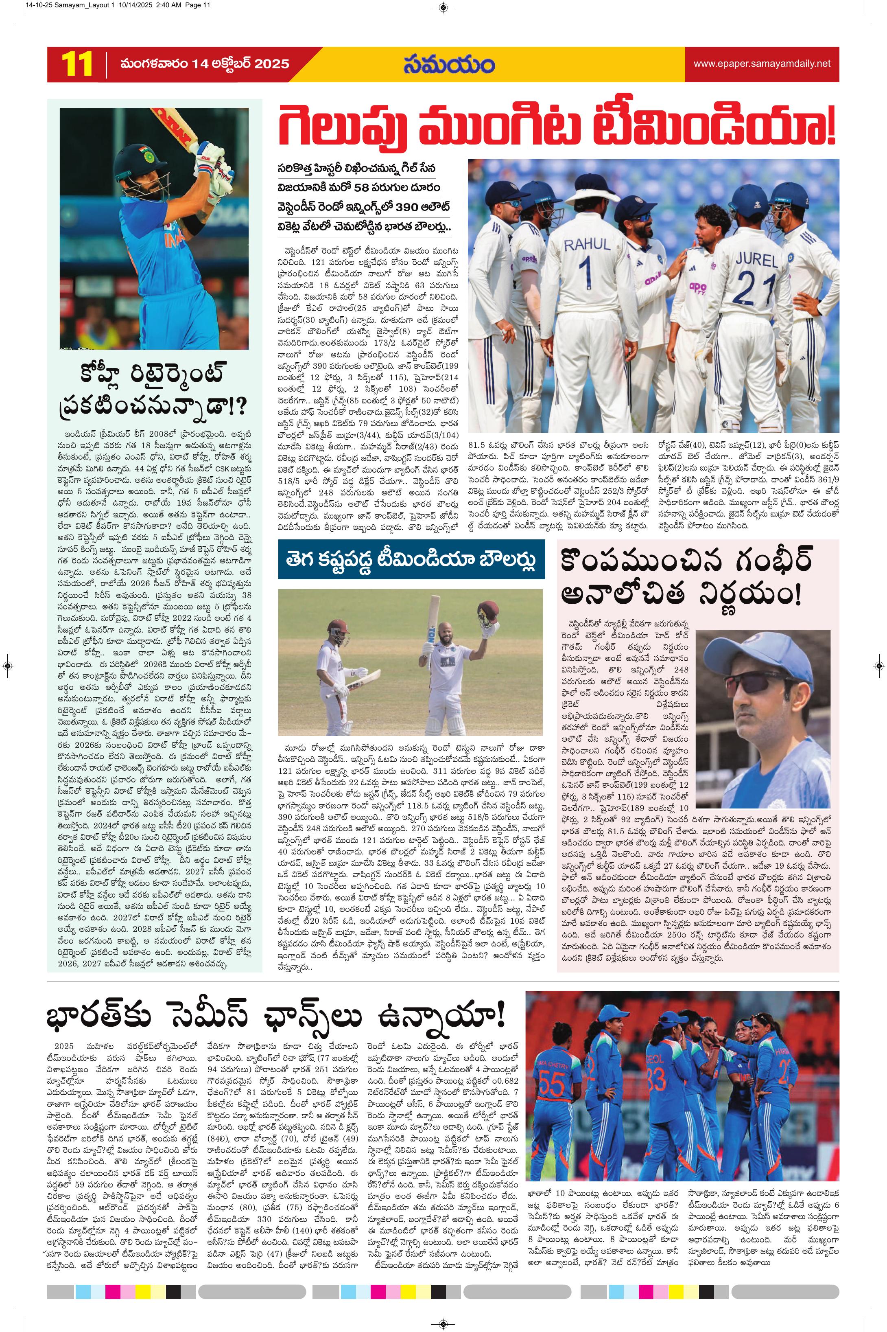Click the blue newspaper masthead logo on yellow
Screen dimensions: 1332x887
coord(449,64)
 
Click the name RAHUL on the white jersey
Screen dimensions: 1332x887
coord(587,244)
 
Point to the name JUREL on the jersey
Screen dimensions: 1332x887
coord(756,260)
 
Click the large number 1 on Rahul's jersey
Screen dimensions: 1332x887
coord(586,272)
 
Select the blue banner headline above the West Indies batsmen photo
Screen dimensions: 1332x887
coord(411,560)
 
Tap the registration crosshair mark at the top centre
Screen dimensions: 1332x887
coord(443,7)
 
